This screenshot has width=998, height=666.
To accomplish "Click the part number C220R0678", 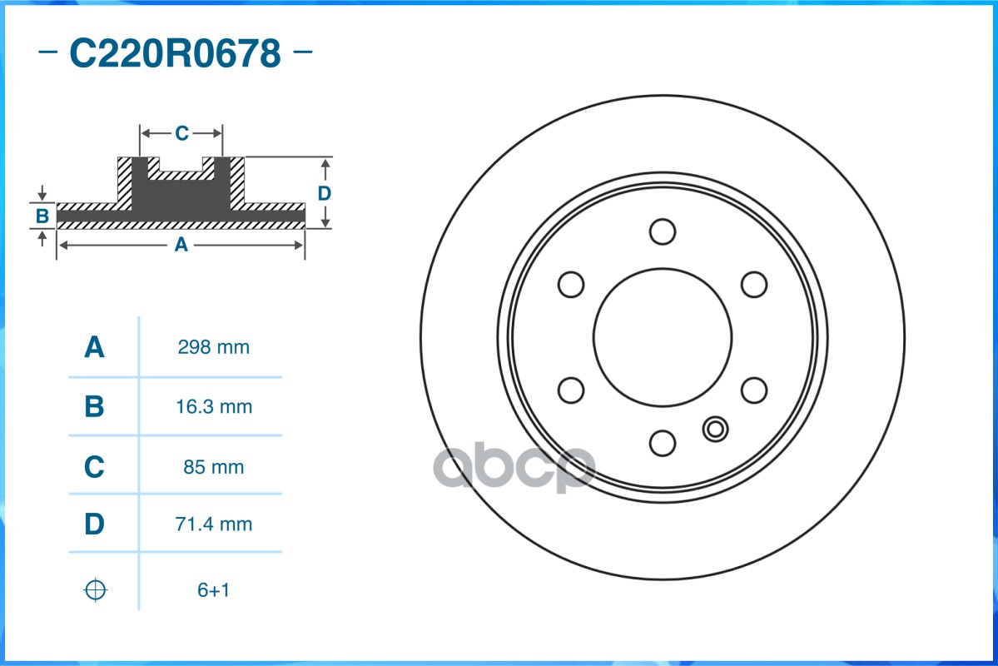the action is tap(175, 52).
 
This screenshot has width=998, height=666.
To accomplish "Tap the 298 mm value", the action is tap(213, 347).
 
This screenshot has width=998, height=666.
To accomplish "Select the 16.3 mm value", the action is tap(214, 406).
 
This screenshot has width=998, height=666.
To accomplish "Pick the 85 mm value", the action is tap(214, 467).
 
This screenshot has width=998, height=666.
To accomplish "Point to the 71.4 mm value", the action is tap(214, 524).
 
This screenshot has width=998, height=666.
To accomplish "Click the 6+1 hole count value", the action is tap(213, 590).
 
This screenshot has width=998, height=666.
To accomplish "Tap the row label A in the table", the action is tap(94, 347).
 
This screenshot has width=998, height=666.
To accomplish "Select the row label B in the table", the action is tap(94, 406).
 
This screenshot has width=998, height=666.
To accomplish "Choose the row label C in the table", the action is tap(94, 467).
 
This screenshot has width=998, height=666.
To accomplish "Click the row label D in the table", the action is tap(94, 524).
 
